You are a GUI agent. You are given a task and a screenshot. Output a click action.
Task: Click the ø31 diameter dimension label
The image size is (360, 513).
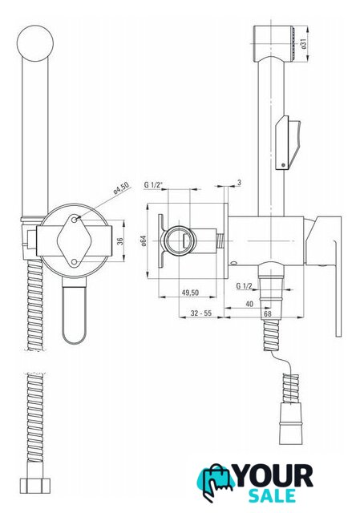pos(303,44)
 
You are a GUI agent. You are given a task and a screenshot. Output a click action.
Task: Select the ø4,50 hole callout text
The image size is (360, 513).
pos(121,188)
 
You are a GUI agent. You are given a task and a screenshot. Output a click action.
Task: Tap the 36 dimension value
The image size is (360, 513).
pos(120,241)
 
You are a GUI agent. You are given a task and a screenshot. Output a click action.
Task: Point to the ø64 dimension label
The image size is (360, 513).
pos(143,240)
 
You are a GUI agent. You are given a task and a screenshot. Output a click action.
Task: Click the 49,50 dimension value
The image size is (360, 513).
pos(190,292)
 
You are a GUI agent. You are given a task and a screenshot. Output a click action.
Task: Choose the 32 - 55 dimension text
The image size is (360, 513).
pos(201,313)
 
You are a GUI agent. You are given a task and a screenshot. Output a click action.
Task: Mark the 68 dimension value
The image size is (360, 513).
pos(268,313)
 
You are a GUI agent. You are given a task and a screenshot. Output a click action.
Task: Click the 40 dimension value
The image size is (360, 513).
pos(249,304)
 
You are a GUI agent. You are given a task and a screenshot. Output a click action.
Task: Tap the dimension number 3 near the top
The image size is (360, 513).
pos(239,183)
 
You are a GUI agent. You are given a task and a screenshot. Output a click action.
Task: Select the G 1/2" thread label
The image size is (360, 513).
pos(153,185)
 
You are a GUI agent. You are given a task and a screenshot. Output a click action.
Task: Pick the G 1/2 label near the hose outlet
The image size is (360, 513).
pos(245,286)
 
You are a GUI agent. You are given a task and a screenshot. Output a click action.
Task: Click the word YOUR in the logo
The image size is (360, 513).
pos(274,476)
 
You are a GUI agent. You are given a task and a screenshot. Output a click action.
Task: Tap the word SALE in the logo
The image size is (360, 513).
pos(272,496)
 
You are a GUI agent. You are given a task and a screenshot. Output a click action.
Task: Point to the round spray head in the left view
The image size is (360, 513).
pos(34,43)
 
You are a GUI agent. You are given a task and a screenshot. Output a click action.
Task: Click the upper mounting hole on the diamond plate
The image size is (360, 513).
pos(75,220)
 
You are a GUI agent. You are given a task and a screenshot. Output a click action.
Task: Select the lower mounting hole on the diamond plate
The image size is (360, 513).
pos(75,262)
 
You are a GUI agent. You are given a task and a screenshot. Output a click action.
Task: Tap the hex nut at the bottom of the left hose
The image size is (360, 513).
pos(35,485)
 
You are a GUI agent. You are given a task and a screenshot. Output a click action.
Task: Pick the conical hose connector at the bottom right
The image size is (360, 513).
pos(289,424)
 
